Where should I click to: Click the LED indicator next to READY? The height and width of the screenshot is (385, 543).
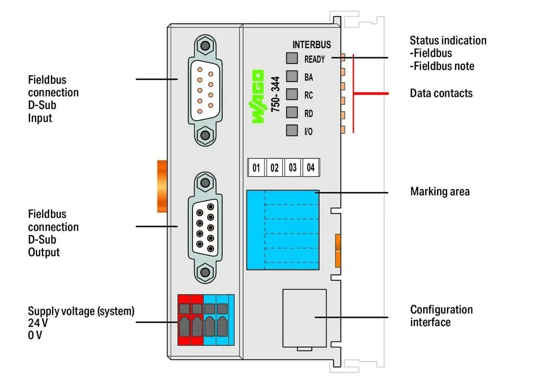[x=292, y=58]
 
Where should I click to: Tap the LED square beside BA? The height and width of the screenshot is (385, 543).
[x=292, y=76]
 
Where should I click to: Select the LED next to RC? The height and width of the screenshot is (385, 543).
[x=292, y=94]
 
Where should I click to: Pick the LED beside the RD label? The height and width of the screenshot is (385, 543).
[x=292, y=112]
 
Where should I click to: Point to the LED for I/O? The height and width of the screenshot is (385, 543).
[x=292, y=130]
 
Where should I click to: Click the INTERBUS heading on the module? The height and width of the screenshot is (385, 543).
[x=312, y=44]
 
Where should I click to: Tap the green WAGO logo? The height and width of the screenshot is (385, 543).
[x=258, y=96]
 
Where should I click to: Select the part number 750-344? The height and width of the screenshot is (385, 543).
[x=275, y=94]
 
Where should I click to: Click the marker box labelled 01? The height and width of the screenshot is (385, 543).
[x=256, y=168]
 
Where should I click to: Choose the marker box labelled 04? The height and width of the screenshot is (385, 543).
[x=311, y=168]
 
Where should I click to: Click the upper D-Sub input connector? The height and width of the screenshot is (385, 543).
[x=205, y=90]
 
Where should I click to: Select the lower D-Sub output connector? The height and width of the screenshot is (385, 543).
[x=205, y=227]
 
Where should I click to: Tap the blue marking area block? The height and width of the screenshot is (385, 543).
[x=283, y=230]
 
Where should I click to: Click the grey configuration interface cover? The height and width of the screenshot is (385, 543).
[x=304, y=318]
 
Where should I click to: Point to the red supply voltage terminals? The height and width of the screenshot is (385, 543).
[x=190, y=320]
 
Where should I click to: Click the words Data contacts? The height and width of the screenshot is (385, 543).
[x=441, y=93]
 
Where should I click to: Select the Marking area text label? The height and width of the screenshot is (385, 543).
[x=440, y=191]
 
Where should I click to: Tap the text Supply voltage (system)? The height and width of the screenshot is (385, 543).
[x=81, y=311]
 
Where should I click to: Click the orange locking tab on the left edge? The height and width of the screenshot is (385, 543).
[x=162, y=186]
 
